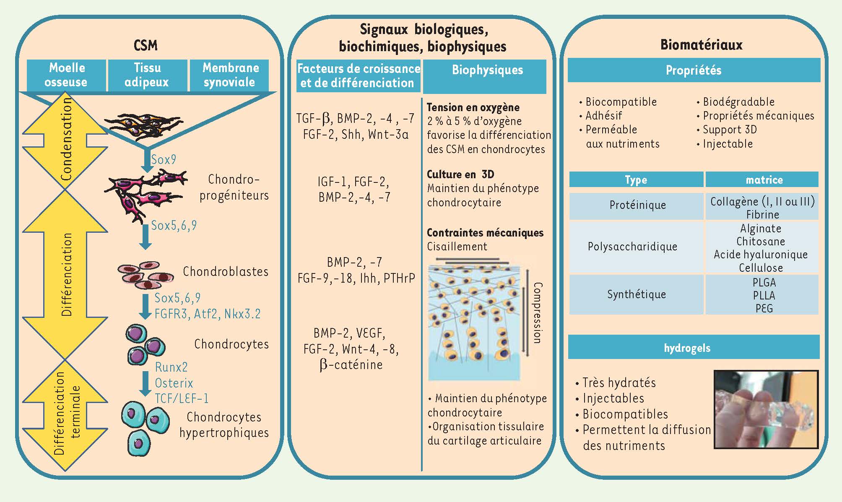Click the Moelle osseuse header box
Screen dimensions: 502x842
coord(66,75)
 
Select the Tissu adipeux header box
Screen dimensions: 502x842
coord(147,75)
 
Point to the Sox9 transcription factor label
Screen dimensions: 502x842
coord(164,160)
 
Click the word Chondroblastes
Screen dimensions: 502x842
coord(226,272)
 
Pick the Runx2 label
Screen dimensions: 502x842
coord(171,367)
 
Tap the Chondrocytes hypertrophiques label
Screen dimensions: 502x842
coord(224,425)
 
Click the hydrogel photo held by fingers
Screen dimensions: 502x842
coord(766,409)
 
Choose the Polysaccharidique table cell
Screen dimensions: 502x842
coord(632,247)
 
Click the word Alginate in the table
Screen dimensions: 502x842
coord(761,229)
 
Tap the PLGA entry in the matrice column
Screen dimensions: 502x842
coord(764,282)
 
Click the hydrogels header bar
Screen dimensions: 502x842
coord(694,348)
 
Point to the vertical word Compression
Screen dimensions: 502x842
coord(537,313)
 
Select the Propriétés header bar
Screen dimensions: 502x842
coord(694,70)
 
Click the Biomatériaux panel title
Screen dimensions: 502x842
coord(701,45)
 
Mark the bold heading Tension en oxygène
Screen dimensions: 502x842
coord(473,107)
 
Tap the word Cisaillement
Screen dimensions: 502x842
coord(457,247)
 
